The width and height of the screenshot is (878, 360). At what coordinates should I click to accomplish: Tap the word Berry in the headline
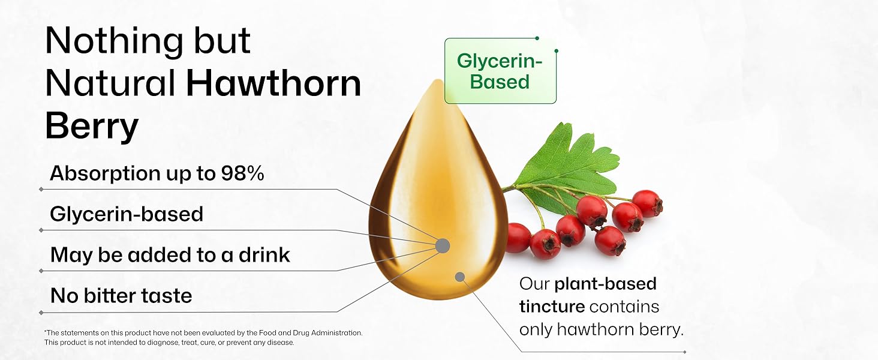pos(92,127)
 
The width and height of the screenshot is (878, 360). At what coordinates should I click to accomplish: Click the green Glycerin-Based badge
pos(500,71)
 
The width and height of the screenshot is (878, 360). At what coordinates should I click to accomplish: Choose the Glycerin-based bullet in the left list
pos(127,214)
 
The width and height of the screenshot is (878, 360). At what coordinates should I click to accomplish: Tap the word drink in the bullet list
pos(263,255)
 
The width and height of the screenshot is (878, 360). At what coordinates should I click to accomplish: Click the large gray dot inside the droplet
pos(443,245)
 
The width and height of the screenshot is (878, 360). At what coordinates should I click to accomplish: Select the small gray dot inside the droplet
pos(460,277)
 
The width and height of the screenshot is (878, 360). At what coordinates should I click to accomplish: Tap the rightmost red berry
pos(647,203)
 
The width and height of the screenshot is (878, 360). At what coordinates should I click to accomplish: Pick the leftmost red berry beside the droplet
pos(518,237)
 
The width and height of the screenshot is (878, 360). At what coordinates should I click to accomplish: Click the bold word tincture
pos(552,307)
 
